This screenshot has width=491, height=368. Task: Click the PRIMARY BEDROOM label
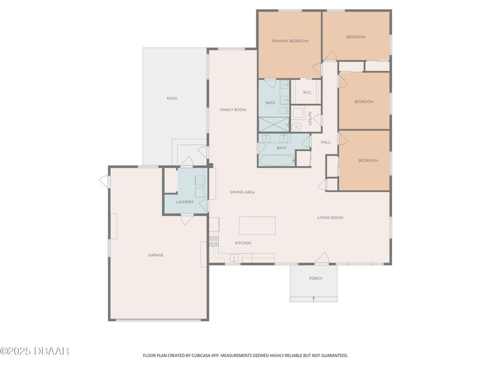point(290,41)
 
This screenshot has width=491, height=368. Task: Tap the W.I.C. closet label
point(308,92)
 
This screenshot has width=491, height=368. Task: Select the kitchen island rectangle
point(257,225)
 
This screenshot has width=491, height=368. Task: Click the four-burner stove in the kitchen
point(214,241)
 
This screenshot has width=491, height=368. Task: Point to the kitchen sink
point(234,257)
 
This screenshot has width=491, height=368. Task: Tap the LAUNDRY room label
point(184,202)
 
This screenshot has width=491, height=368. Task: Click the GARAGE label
point(155,255)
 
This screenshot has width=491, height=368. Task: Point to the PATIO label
point(172,99)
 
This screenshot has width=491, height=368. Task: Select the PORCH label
point(315,279)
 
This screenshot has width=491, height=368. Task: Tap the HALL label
point(326,142)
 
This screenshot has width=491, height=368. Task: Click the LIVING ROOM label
point(330,218)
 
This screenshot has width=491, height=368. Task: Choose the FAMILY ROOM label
point(233,110)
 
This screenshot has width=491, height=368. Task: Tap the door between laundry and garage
point(186,219)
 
